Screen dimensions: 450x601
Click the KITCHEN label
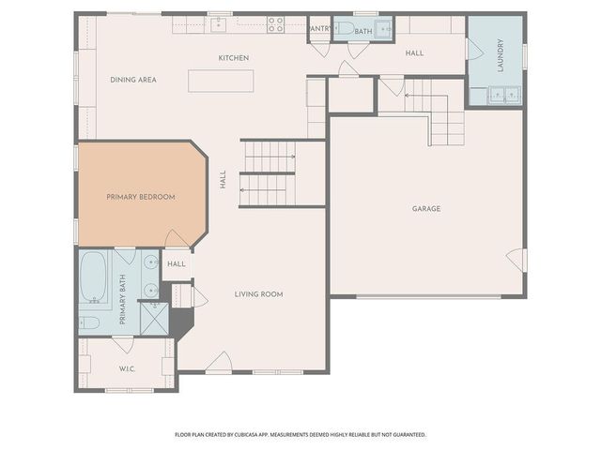click(234, 58)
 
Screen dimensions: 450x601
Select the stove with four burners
click(275, 24)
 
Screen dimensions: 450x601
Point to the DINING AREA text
click(132, 80)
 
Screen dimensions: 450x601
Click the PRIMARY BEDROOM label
click(141, 197)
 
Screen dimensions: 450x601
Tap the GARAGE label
click(425, 208)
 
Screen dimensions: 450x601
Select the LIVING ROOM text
click(258, 294)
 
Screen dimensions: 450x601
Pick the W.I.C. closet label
click(128, 368)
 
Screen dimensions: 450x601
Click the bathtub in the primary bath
click(92, 278)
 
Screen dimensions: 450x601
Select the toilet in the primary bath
click(90, 322)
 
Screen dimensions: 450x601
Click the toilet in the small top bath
click(344, 29)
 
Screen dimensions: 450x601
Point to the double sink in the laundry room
click(502, 94)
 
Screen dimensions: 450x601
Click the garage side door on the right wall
click(516, 260)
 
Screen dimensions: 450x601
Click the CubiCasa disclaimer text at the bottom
click(300, 435)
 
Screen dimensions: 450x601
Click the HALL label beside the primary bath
click(177, 264)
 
